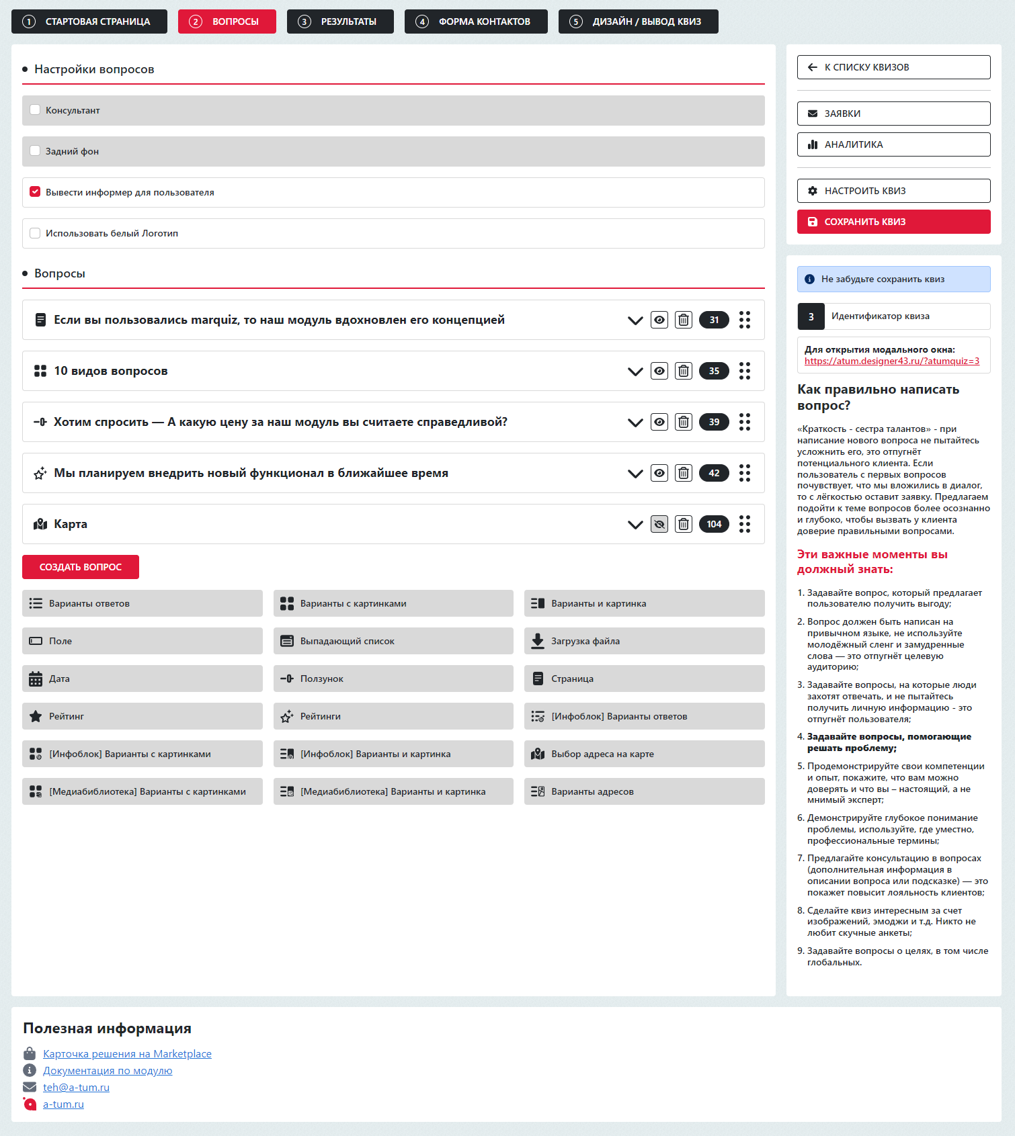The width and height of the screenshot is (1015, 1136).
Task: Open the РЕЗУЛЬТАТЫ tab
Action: point(337,21)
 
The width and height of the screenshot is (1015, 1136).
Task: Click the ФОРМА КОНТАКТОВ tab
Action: point(475,21)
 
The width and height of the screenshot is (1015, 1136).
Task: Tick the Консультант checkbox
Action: point(35,110)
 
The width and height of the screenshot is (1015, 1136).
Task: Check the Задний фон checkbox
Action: point(35,151)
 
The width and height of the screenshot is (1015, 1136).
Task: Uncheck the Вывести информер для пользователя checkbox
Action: point(35,192)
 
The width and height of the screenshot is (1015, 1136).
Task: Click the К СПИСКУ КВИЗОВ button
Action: point(893,67)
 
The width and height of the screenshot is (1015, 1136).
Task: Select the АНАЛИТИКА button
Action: point(893,144)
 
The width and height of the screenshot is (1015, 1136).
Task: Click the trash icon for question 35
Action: point(684,371)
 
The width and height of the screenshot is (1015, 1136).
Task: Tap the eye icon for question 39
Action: point(659,422)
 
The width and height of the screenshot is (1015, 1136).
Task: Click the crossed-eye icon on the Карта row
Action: point(659,524)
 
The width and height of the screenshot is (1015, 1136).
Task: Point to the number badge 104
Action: point(714,524)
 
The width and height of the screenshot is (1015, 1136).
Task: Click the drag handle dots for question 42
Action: point(745,473)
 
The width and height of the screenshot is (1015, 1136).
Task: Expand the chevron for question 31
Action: point(635,320)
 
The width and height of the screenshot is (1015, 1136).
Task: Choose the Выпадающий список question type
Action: point(393,641)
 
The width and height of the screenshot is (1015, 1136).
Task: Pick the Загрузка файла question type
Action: point(644,641)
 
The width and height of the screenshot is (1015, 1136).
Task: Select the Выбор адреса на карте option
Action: point(644,754)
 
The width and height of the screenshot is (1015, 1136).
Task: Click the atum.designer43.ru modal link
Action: point(891,361)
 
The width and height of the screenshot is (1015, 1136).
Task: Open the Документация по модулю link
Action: point(108,1071)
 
